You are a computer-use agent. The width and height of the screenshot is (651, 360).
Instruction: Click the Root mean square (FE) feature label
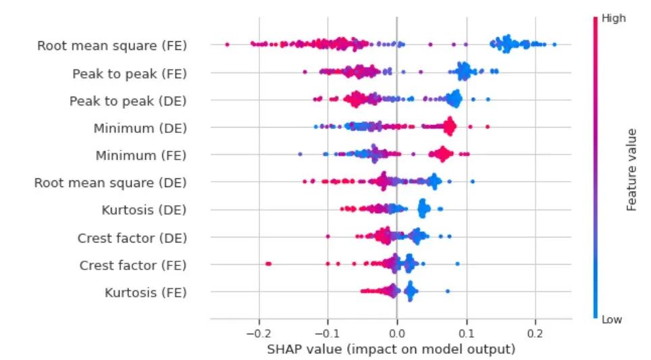click(x=111, y=46)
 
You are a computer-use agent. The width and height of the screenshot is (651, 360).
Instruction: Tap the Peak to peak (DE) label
click(x=128, y=101)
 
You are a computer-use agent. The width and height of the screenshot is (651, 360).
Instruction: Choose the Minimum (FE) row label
click(x=140, y=155)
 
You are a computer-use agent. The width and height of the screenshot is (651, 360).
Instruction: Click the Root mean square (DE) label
click(x=110, y=183)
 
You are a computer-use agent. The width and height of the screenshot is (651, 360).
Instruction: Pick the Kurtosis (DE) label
click(x=144, y=210)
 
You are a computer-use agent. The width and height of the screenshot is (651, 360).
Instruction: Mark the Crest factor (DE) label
click(x=132, y=238)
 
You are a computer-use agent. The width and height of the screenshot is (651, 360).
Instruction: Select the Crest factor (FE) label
click(x=132, y=265)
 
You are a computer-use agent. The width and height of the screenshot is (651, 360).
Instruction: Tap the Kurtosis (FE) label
click(x=145, y=292)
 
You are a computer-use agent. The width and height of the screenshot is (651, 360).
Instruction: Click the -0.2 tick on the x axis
click(x=258, y=334)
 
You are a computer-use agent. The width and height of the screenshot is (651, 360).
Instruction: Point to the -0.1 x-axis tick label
click(x=327, y=334)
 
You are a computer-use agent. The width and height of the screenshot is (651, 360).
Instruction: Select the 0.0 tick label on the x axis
click(x=397, y=334)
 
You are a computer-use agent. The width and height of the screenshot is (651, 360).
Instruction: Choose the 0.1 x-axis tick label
click(x=466, y=334)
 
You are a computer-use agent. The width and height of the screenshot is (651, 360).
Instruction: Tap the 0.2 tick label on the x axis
click(x=535, y=334)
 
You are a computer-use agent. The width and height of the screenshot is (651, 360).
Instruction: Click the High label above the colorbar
click(x=613, y=19)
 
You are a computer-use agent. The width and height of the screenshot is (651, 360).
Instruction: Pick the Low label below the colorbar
click(x=612, y=319)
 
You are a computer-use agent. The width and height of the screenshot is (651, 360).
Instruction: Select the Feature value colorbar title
click(x=632, y=169)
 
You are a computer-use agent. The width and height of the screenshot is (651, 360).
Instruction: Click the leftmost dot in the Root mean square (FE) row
click(x=227, y=45)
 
